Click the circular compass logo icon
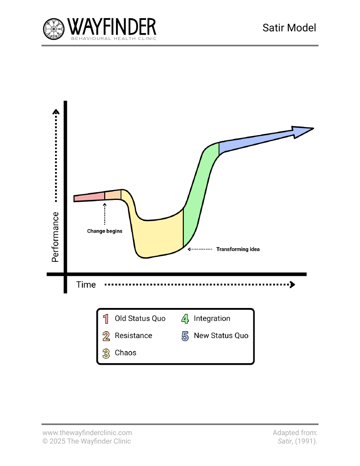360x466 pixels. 53,29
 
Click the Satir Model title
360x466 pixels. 289,28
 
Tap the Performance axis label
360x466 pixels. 55,237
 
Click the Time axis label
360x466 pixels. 86,285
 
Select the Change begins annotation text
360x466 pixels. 105,231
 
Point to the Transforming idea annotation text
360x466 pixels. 238,249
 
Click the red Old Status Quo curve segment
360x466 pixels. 89,197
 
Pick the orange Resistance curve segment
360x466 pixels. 113,195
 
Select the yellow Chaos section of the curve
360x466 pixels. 158,235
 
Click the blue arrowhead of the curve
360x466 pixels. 302,131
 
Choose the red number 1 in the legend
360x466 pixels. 106,319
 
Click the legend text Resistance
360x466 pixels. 133,336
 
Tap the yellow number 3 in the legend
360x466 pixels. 106,353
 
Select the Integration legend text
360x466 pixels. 212,319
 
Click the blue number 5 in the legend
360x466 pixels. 185,336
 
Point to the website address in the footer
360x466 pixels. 87,433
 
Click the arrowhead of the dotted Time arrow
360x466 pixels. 293,285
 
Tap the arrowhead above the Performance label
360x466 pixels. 56,112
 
